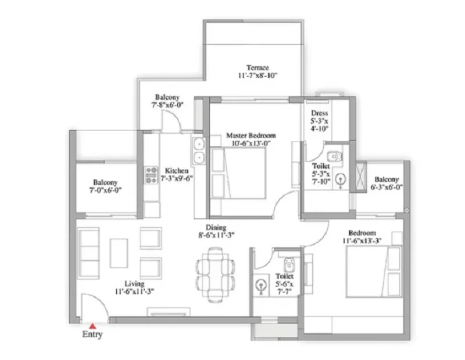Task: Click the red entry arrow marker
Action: [93, 326]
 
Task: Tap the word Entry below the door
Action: [92, 334]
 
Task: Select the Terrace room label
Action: [257, 67]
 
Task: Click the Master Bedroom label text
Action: [251, 136]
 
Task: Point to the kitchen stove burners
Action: [151, 175]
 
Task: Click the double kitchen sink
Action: [198, 151]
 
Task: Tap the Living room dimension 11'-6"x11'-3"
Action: [134, 291]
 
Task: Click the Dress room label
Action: [320, 113]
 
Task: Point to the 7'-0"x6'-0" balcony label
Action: [105, 186]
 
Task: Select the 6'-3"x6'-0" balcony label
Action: [387, 183]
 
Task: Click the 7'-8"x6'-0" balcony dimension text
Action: [167, 105]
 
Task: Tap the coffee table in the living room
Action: [119, 253]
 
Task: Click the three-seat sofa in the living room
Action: [88, 253]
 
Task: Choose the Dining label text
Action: [216, 228]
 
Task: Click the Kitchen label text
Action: [177, 171]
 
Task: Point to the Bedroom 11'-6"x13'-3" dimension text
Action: [362, 240]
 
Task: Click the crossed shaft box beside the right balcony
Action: [361, 177]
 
